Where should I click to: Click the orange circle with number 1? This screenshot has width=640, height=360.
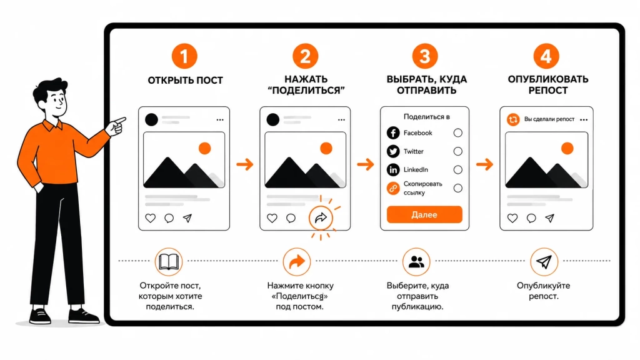(184, 56)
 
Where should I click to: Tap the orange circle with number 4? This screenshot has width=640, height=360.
(546, 56)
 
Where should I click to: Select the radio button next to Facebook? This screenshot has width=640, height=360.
(458, 132)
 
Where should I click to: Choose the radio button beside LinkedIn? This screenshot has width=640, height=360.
(458, 169)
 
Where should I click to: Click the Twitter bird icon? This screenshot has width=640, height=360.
(393, 151)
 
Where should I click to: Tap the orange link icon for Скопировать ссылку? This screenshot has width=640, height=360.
(393, 188)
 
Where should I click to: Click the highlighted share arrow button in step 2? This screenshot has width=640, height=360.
(321, 218)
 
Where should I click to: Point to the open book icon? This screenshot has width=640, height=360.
(169, 262)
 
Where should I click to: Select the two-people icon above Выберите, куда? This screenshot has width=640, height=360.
(416, 262)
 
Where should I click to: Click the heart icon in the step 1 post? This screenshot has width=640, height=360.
(151, 218)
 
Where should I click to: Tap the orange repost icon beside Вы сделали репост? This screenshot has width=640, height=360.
(513, 119)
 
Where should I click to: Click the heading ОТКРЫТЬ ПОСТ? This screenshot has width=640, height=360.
(185, 81)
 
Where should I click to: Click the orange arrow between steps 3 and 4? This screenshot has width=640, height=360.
(485, 164)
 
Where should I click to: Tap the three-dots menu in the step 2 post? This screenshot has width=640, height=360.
(341, 119)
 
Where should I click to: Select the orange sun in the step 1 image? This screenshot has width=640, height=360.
(204, 148)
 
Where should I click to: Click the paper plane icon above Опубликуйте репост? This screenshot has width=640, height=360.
(544, 262)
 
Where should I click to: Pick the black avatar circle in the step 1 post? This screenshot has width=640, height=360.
(151, 119)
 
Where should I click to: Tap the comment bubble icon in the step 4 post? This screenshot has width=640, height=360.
(531, 218)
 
